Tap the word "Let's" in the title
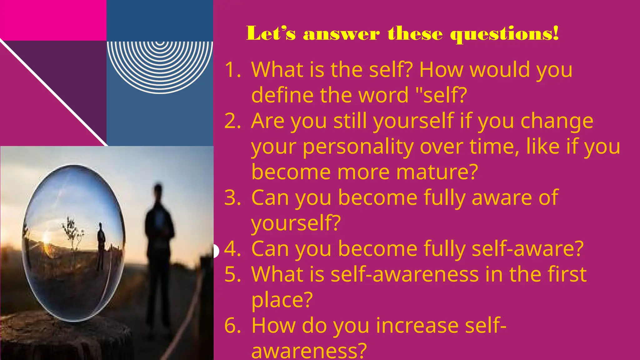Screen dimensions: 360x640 271,34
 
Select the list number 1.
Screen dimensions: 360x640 232,69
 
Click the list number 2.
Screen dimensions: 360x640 232,121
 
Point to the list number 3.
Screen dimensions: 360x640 232,198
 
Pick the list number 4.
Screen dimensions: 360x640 232,249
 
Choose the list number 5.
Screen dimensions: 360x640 232,275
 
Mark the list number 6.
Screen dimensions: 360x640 232,326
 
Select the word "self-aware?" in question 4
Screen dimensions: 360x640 527,249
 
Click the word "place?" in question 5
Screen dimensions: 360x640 282,300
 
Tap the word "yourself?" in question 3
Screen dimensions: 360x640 296,224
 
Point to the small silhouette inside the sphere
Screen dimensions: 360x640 101,245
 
